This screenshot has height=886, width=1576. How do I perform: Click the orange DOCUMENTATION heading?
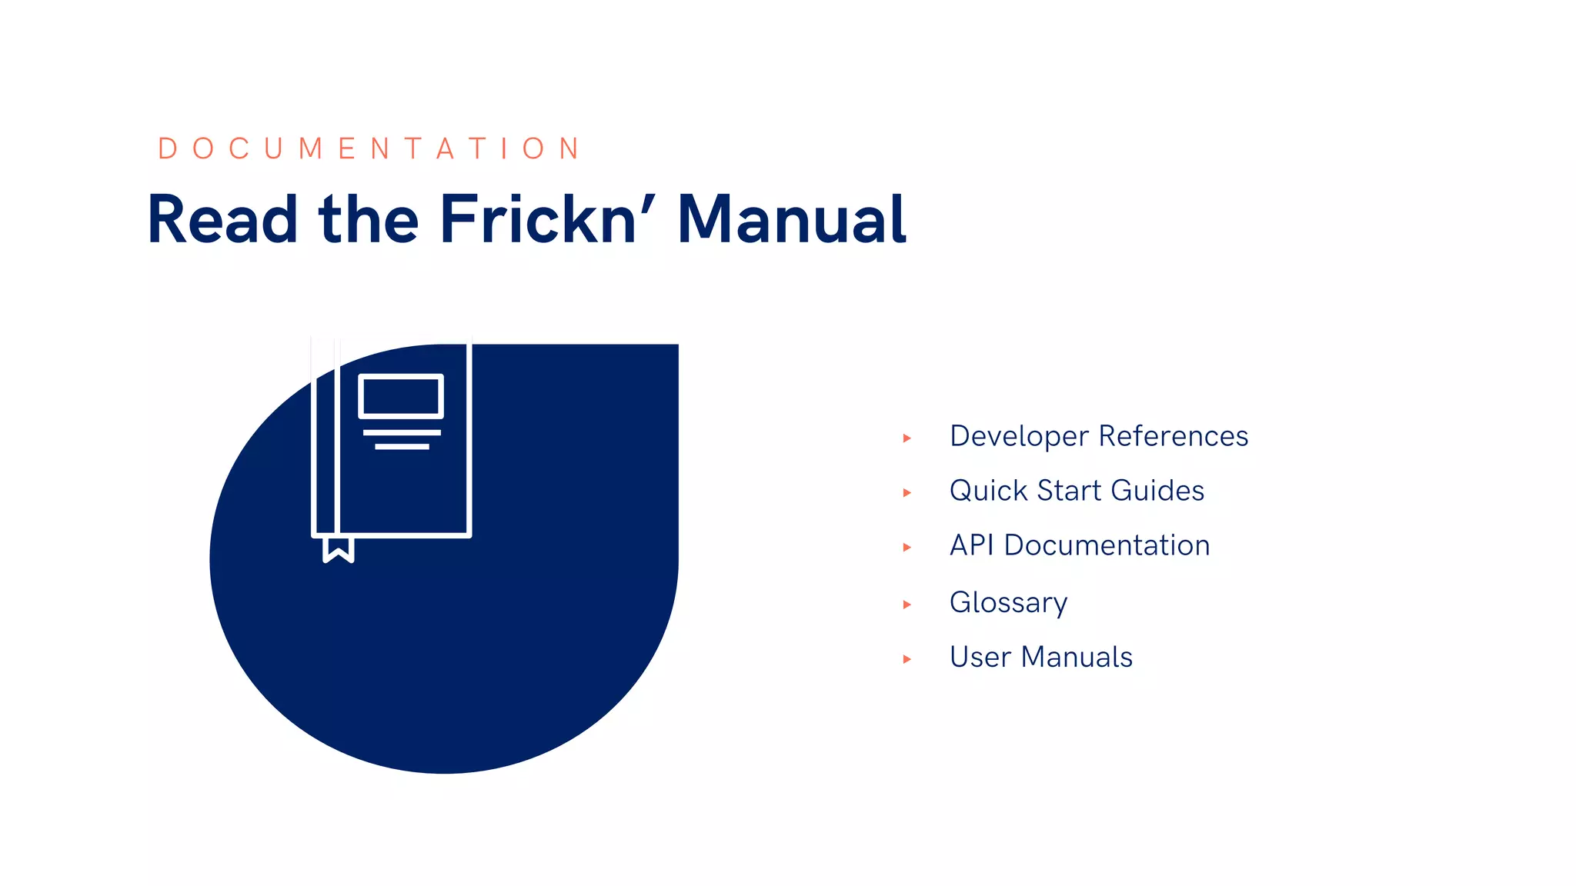point(369,148)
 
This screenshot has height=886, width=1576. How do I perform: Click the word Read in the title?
point(222,220)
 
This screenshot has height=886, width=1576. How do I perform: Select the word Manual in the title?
point(791,220)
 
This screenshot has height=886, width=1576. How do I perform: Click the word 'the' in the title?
point(369,220)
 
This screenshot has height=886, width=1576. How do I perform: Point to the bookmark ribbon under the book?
point(338,550)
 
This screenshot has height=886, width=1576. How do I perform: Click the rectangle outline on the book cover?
point(401,396)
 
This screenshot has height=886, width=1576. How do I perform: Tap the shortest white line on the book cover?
point(402,447)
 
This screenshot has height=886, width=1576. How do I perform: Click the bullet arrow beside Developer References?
point(907,438)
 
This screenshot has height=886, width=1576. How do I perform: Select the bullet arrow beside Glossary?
point(907,605)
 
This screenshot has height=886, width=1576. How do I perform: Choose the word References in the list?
point(1173,436)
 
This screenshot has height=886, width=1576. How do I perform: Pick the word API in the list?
point(972,545)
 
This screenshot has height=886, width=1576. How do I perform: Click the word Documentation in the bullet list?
point(1107,545)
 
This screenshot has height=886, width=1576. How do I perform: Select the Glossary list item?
point(1008,602)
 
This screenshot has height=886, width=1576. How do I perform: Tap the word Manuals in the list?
point(1077,658)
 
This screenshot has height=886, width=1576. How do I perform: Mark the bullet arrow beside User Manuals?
point(907,659)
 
